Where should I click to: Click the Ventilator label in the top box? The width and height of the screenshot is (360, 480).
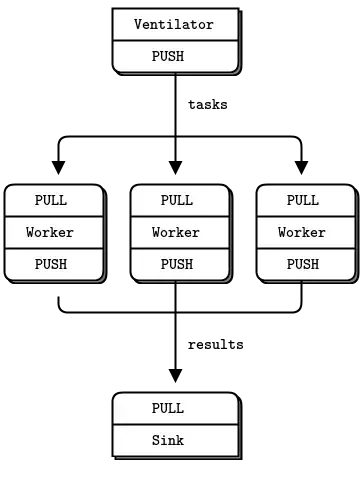174,24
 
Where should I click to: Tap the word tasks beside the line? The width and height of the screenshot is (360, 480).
208,105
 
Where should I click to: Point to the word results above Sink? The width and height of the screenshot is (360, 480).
216,345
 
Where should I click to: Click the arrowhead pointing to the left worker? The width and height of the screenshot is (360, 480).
58,168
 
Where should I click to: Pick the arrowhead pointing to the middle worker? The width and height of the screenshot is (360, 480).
175,168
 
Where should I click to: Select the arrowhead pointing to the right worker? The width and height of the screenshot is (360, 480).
301,168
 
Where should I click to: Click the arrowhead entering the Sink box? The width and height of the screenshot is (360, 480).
175,376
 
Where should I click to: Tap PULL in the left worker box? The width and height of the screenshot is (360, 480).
51,200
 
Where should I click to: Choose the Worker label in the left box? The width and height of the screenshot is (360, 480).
50,232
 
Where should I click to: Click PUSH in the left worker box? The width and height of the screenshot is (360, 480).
51,264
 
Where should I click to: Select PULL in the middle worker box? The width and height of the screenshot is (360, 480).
177,200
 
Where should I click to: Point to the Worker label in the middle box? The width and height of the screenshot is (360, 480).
176,232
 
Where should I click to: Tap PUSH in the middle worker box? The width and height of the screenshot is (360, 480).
177,264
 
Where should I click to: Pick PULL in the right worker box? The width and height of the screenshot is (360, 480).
303,200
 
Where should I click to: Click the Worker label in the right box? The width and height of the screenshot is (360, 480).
302,232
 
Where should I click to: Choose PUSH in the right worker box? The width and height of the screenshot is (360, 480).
303,264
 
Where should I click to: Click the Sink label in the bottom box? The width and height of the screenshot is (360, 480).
168,440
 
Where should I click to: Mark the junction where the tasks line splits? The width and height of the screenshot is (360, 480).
175,136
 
